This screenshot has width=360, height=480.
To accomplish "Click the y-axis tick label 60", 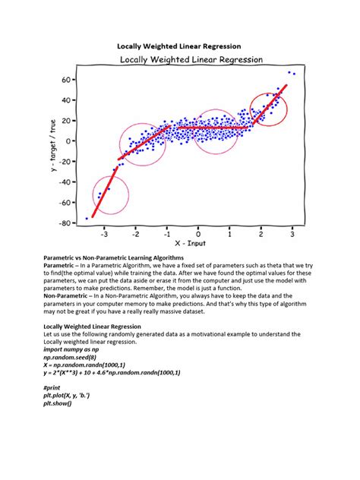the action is tap(66, 80).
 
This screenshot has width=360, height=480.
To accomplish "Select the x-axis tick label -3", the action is tap(104, 235).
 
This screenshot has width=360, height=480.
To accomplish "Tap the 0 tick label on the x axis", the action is tap(198, 235).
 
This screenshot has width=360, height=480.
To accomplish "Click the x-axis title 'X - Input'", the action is tap(190, 243).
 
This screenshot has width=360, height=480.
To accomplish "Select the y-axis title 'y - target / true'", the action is tap(54, 145).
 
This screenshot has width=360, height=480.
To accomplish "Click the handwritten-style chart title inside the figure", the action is tap(191, 60).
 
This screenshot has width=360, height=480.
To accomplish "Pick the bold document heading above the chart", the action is tap(179, 46).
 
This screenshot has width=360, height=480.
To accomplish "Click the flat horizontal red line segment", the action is tap(213, 128).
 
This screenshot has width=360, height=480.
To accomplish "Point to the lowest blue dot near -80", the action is tap(87, 218).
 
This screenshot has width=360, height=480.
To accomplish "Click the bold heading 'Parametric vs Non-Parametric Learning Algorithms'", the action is tap(114, 257).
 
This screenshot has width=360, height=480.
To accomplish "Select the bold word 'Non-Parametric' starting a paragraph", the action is tap(65, 296).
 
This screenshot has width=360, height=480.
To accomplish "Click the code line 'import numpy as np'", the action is tap(71, 349).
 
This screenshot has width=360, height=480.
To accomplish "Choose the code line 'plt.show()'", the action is tap(58, 403).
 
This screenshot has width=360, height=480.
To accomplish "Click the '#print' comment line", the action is tap(52, 388).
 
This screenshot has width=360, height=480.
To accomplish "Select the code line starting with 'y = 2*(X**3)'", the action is tap(112, 373).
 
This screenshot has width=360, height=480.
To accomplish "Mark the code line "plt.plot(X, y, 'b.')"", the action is tap(66, 396).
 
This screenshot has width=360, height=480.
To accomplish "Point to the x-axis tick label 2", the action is tap(261, 235).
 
